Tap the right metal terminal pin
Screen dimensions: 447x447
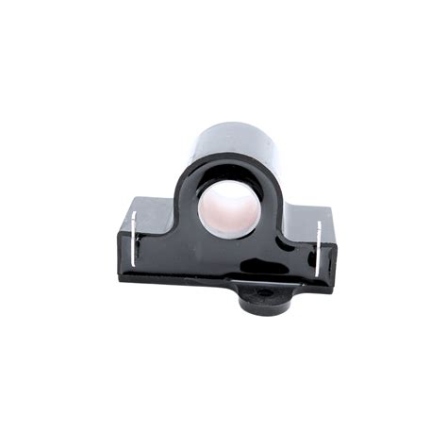[319, 249]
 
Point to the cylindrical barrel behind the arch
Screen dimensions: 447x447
[231, 140]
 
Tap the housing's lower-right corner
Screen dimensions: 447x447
[332, 290]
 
